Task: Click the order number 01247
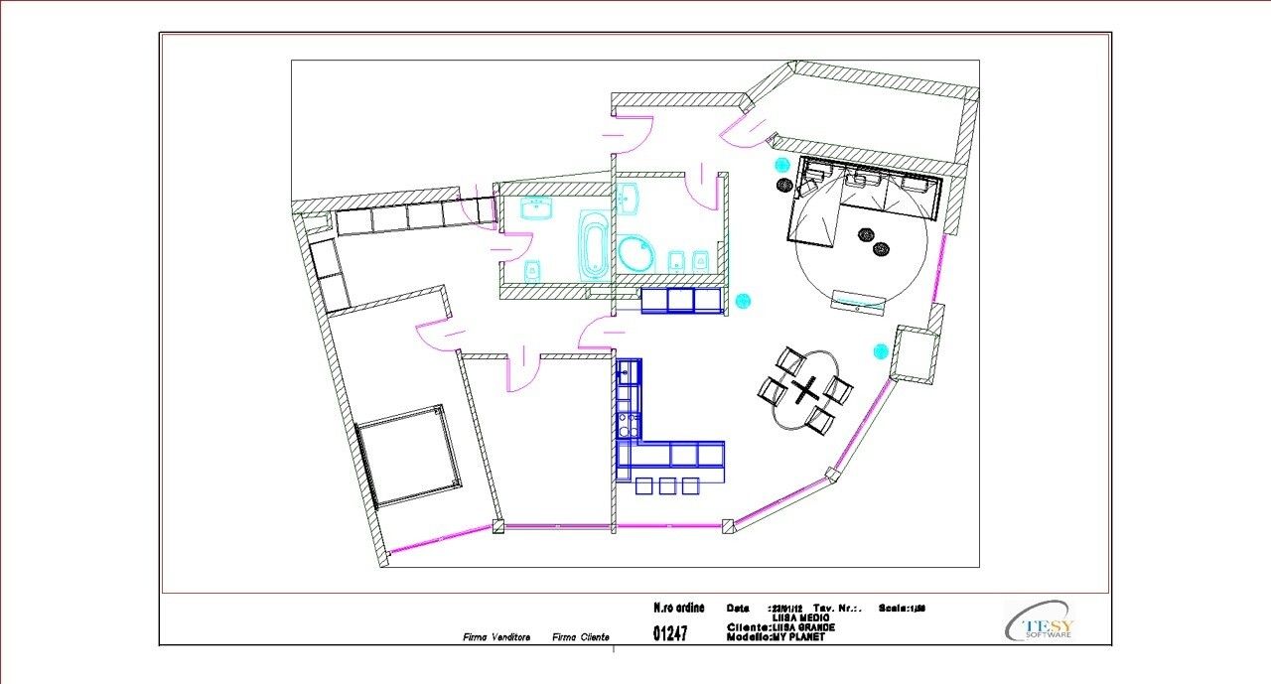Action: tap(670, 632)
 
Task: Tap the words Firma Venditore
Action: tap(496, 637)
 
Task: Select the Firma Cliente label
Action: tap(581, 637)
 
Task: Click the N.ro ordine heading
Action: tap(679, 608)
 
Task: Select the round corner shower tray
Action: tap(635, 254)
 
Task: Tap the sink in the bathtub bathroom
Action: tap(537, 207)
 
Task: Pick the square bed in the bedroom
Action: tap(408, 455)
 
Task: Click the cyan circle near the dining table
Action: tap(880, 350)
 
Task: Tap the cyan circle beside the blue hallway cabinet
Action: tap(744, 300)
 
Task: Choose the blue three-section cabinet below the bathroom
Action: tap(680, 300)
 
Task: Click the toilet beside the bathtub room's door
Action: tap(532, 269)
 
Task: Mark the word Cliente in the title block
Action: tap(747, 627)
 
